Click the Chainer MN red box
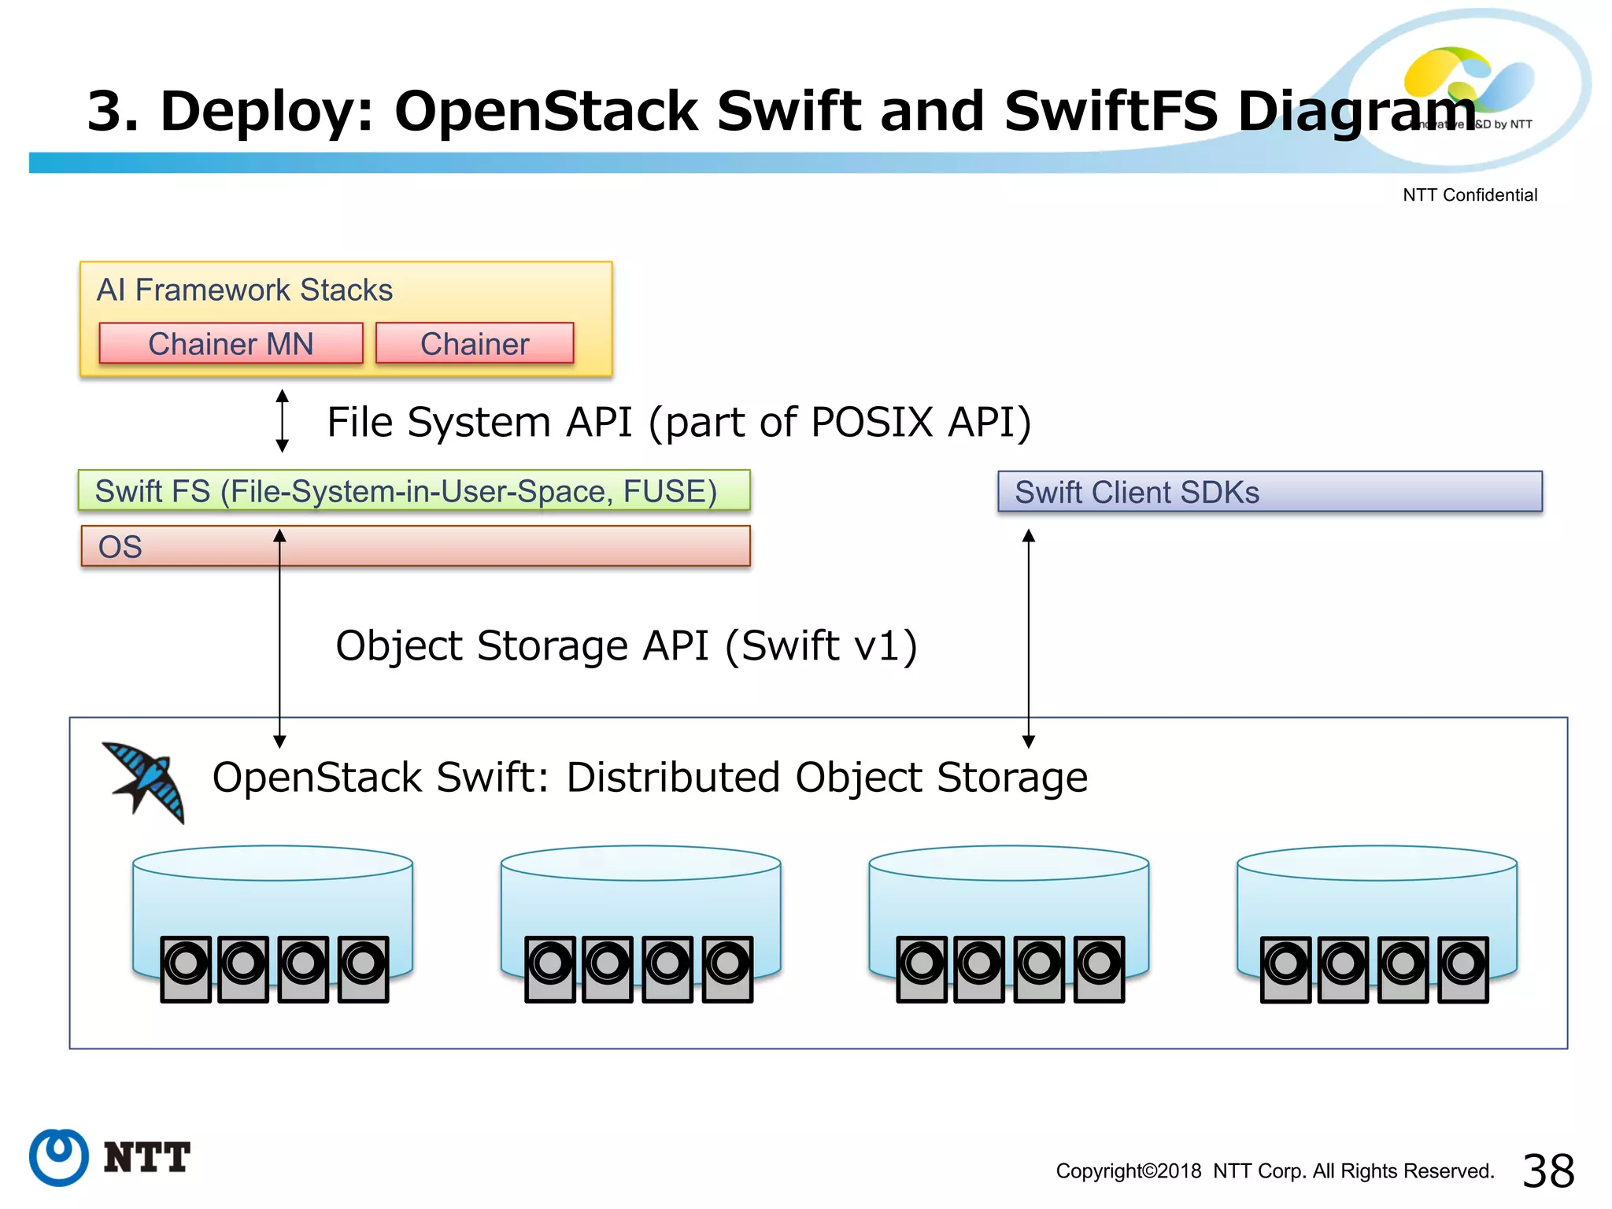pyautogui.click(x=231, y=344)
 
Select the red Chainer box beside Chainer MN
pyautogui.click(x=475, y=344)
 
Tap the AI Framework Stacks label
pyautogui.click(x=244, y=290)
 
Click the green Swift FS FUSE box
pyautogui.click(x=413, y=491)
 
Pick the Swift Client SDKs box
pyautogui.click(x=1269, y=492)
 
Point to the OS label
pyautogui.click(x=120, y=547)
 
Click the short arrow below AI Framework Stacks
pyautogui.click(x=283, y=421)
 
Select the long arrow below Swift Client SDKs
pyautogui.click(x=1028, y=638)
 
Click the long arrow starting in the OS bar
pyautogui.click(x=279, y=638)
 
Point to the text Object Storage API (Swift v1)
pyautogui.click(x=626, y=645)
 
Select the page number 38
pyautogui.click(x=1547, y=1170)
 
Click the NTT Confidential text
pyautogui.click(x=1469, y=195)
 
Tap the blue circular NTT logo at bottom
pyautogui.click(x=59, y=1156)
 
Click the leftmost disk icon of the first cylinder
pyautogui.click(x=186, y=968)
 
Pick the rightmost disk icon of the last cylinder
pyautogui.click(x=1463, y=968)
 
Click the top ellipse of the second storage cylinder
pyautogui.click(x=641, y=863)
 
